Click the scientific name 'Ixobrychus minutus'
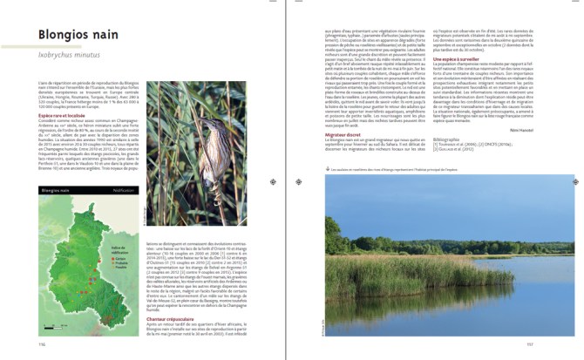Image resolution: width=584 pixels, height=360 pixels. pos(67,53)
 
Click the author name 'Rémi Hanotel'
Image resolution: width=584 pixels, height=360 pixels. pos(548,127)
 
